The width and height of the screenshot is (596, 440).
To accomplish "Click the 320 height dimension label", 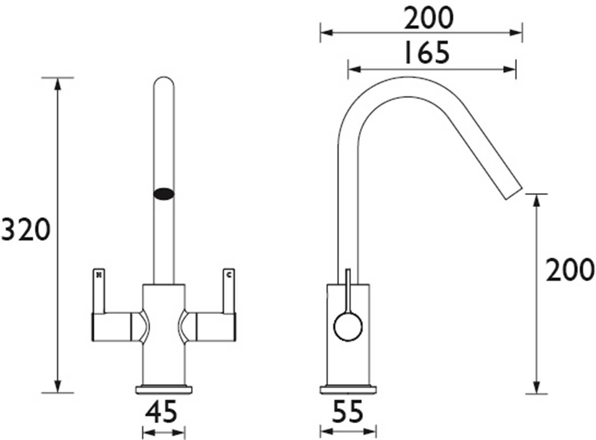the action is coord(25,229).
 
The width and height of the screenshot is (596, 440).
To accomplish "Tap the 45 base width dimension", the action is coord(161,412).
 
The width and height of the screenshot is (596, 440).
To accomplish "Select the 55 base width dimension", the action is coord(348,412).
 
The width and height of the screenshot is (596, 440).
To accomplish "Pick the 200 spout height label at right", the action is coord(570,269).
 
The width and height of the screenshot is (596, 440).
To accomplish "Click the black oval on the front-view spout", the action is coord(164,194).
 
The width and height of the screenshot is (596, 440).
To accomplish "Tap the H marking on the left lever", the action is coord(99,275).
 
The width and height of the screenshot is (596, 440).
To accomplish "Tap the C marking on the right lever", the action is coord(228,275).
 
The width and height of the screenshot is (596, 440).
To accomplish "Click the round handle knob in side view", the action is coord(348,327).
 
